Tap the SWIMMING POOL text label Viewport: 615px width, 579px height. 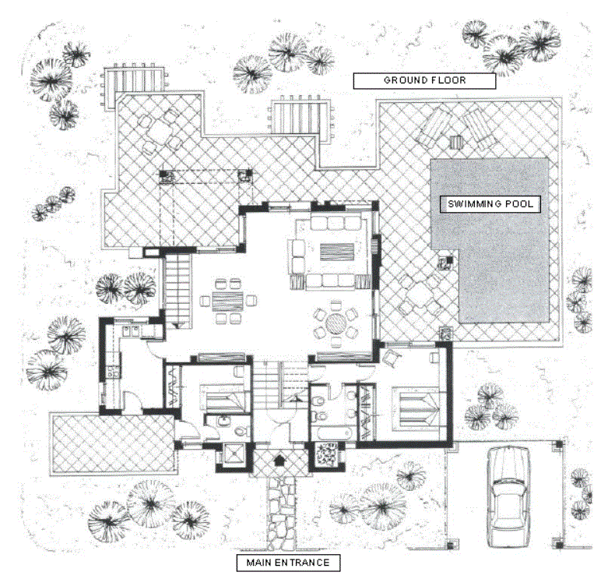(x=490, y=205)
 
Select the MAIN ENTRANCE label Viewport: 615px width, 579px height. (x=287, y=562)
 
